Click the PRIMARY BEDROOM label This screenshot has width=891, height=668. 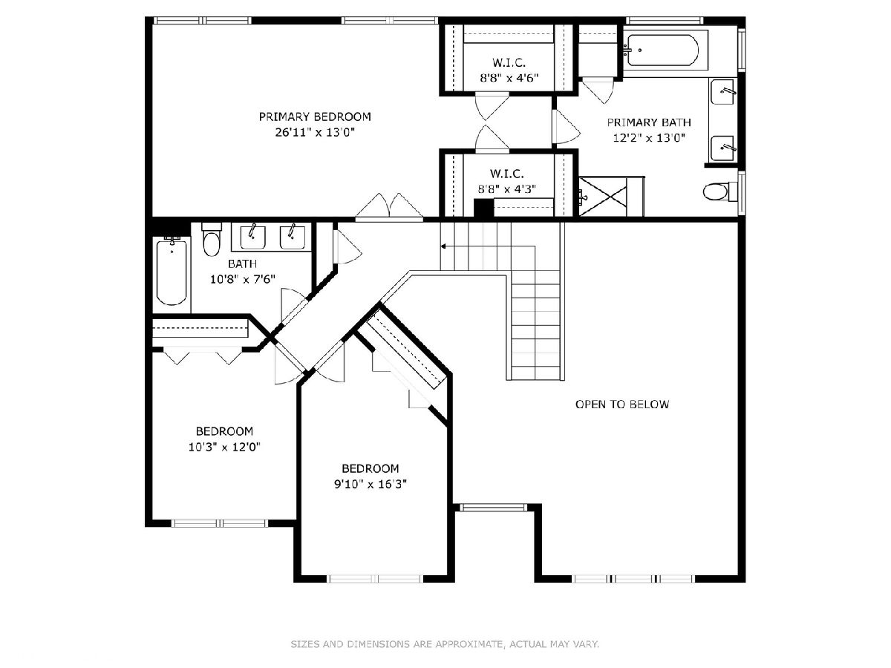coord(315,117)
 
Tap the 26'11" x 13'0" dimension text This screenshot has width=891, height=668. coord(315,133)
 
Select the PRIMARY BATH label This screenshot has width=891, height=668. coord(649,122)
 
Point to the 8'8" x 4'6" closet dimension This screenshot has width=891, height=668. coord(509,78)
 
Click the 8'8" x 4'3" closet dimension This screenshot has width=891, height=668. coord(507,189)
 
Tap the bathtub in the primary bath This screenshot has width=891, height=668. coord(663,50)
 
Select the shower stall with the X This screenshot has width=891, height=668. coord(603,197)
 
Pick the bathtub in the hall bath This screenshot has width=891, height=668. coord(172,271)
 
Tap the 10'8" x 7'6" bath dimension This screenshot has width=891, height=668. coord(243,280)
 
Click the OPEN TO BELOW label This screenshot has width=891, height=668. coord(622,405)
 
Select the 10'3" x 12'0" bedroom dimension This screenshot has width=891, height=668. coord(224,447)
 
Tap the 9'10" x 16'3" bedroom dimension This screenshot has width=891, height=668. coord(371,484)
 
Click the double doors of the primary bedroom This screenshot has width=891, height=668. coord(389,207)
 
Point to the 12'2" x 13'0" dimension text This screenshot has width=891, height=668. coord(649,138)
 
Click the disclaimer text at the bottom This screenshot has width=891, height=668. coord(445,644)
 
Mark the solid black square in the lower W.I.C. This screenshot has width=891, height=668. coord(483,209)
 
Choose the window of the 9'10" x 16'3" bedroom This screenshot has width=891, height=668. coord(376,579)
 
